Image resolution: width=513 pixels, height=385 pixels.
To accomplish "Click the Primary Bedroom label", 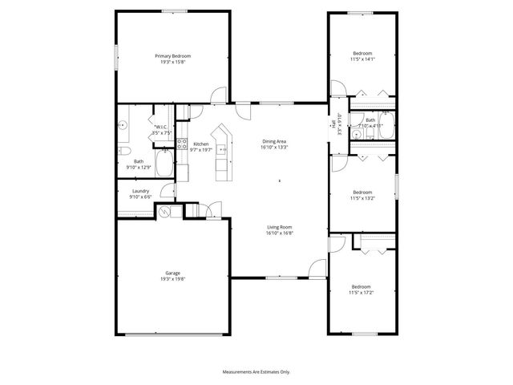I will [173, 55].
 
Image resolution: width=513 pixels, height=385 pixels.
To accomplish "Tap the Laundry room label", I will [139, 191].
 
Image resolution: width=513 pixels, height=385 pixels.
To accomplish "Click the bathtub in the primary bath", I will [163, 167].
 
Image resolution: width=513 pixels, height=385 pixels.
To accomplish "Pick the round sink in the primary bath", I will [123, 126].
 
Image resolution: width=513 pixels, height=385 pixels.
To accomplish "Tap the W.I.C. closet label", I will [160, 128].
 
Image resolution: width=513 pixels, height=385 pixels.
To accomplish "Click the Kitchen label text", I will [201, 144].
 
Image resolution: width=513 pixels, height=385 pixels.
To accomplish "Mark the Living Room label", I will [280, 227].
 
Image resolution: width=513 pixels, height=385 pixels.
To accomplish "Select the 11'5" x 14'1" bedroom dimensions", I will [362, 59].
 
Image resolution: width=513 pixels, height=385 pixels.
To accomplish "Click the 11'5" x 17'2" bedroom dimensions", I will [362, 291].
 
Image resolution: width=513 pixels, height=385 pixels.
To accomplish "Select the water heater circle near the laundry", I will [166, 212].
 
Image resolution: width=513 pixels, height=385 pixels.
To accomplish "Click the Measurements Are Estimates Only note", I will [256, 372].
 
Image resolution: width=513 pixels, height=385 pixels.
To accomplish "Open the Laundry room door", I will [167, 191].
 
